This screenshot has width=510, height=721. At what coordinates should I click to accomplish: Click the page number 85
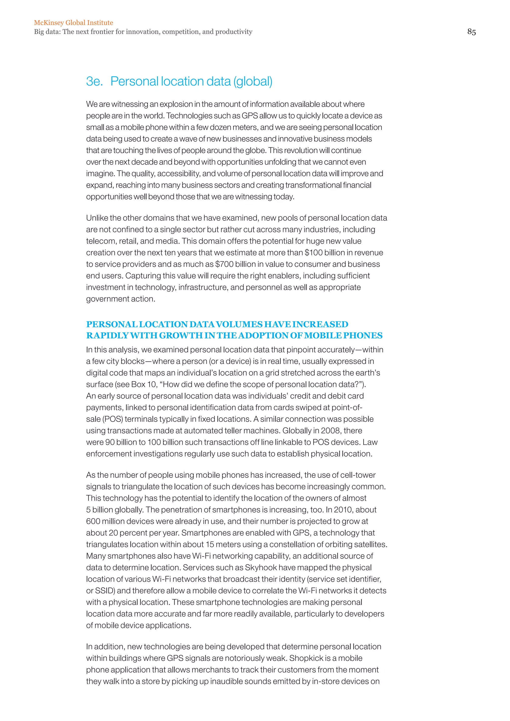471,32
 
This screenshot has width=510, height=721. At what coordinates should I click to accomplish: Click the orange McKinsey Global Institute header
73,23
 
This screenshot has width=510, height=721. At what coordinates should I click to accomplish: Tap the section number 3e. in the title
94,81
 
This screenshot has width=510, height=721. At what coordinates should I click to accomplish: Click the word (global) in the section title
253,81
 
